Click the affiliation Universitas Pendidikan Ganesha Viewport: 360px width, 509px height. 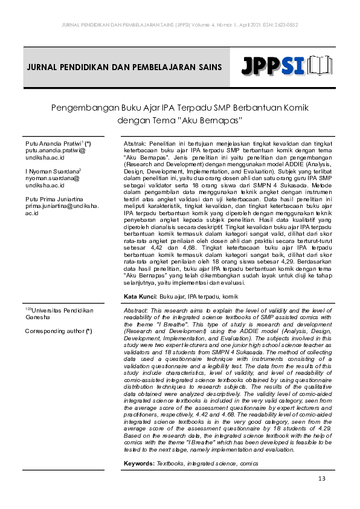59,314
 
